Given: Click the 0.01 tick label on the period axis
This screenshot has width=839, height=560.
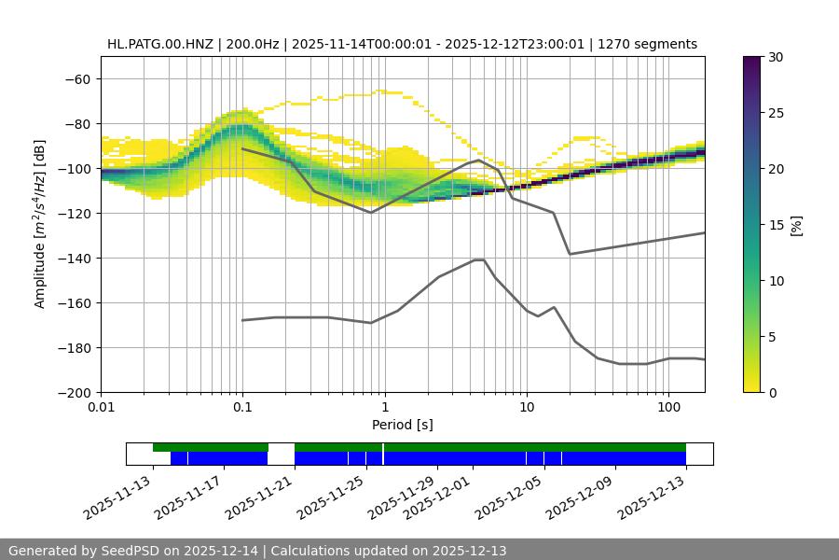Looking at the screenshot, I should (101, 408).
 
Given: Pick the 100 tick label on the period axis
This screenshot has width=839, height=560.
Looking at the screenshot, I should (668, 408).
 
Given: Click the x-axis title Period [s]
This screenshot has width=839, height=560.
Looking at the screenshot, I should (402, 425).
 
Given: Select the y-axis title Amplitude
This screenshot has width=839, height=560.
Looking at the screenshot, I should (40, 224).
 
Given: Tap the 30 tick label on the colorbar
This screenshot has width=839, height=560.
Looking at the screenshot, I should (776, 57).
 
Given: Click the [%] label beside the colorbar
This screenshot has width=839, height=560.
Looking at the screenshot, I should (796, 225).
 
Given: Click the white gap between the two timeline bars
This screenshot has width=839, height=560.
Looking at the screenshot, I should (281, 454).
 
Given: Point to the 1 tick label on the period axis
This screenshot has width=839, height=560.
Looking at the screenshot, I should (384, 408).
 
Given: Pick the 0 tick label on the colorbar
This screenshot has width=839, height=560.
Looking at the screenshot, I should (772, 392).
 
